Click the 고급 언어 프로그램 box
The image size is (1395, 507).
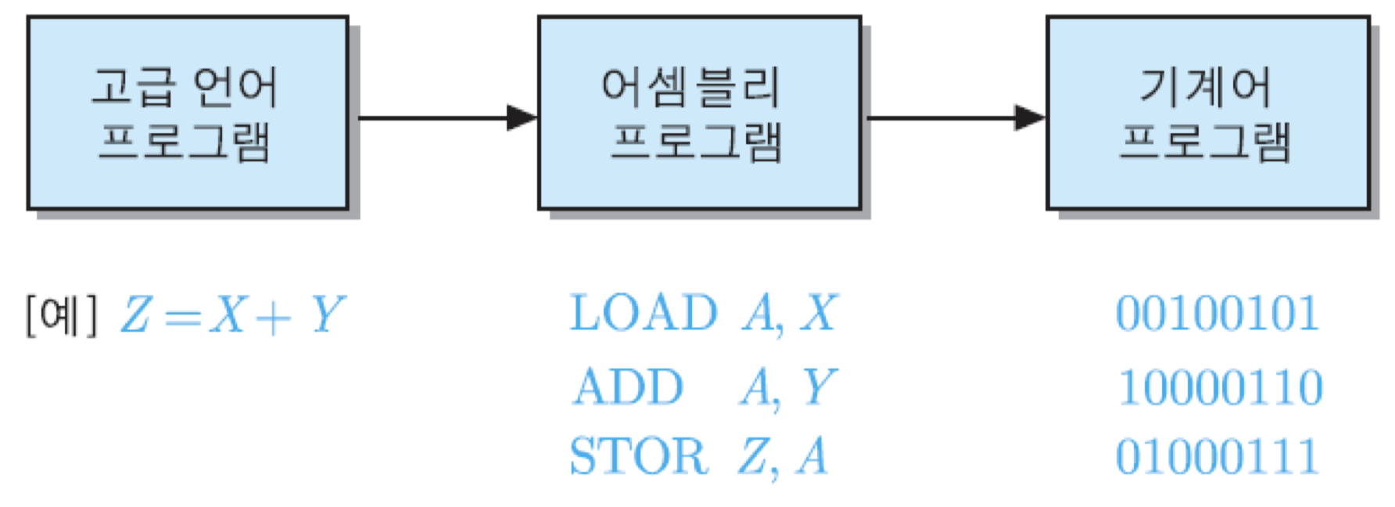(x=188, y=113)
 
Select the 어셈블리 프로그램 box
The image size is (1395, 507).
(x=698, y=113)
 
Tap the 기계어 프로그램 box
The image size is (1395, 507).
(x=1207, y=113)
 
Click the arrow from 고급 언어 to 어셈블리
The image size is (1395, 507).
(x=446, y=118)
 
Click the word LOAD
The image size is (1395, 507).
(x=643, y=314)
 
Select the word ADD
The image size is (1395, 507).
(x=628, y=387)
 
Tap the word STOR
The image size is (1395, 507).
(x=639, y=456)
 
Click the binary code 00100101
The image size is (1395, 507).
(x=1217, y=314)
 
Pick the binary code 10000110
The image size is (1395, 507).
(x=1220, y=387)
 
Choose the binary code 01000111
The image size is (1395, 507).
(x=1217, y=456)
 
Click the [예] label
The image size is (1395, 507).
(x=61, y=315)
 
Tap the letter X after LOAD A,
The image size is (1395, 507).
(x=819, y=313)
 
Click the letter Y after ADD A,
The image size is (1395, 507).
(x=819, y=387)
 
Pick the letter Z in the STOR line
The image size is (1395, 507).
(x=754, y=456)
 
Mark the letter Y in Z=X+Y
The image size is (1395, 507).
(x=327, y=315)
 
